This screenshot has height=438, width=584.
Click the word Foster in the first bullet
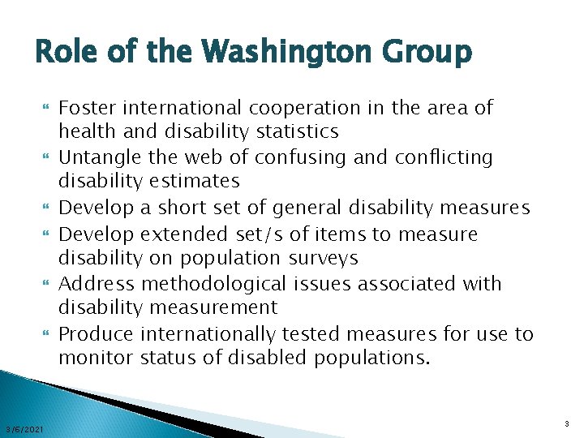(x=86, y=107)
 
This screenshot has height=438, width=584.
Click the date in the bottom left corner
(x=24, y=427)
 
